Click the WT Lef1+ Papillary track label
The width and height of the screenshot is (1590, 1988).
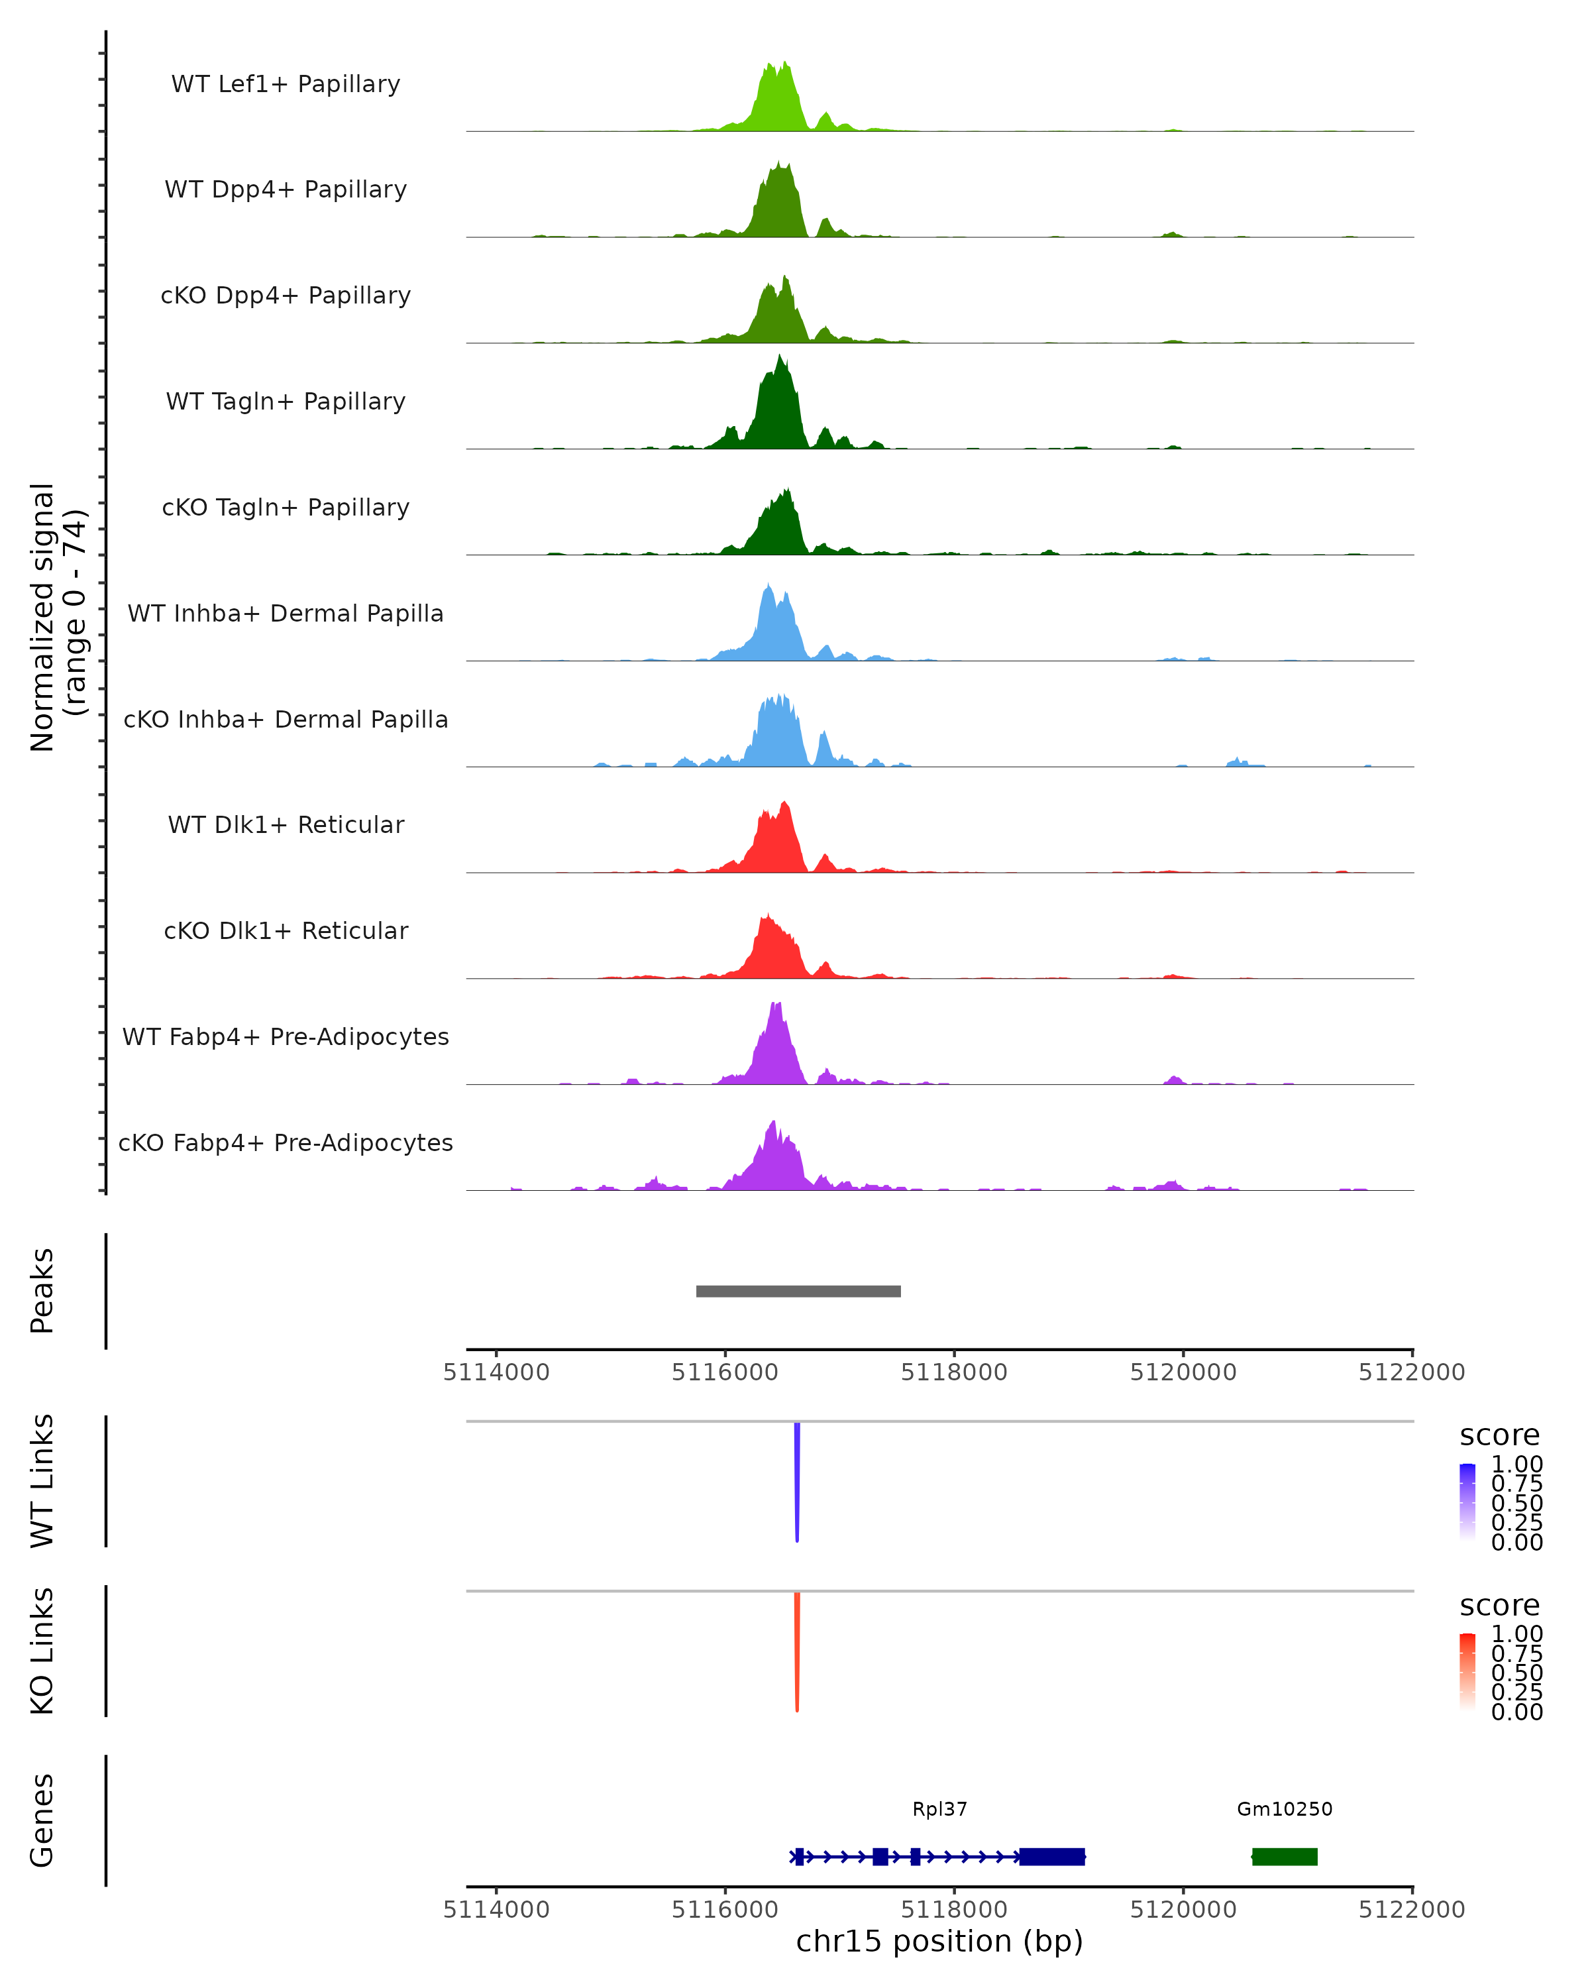pos(286,84)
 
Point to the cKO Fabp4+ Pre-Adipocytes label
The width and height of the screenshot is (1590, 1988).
pos(286,1142)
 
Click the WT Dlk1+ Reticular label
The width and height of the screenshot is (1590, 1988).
pos(286,824)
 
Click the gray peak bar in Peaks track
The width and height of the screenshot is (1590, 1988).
pos(798,1291)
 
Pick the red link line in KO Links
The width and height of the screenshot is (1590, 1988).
pos(797,1651)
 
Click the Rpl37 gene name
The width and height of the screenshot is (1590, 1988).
pos(939,1809)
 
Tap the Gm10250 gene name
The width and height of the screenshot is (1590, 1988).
pos(1284,1809)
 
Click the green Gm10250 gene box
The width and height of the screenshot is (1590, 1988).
pos(1284,1856)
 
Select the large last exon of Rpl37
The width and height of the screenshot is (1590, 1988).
pos(1051,1856)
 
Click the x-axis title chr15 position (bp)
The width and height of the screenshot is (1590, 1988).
pos(939,1942)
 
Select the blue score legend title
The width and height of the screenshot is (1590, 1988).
pos(1499,1436)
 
